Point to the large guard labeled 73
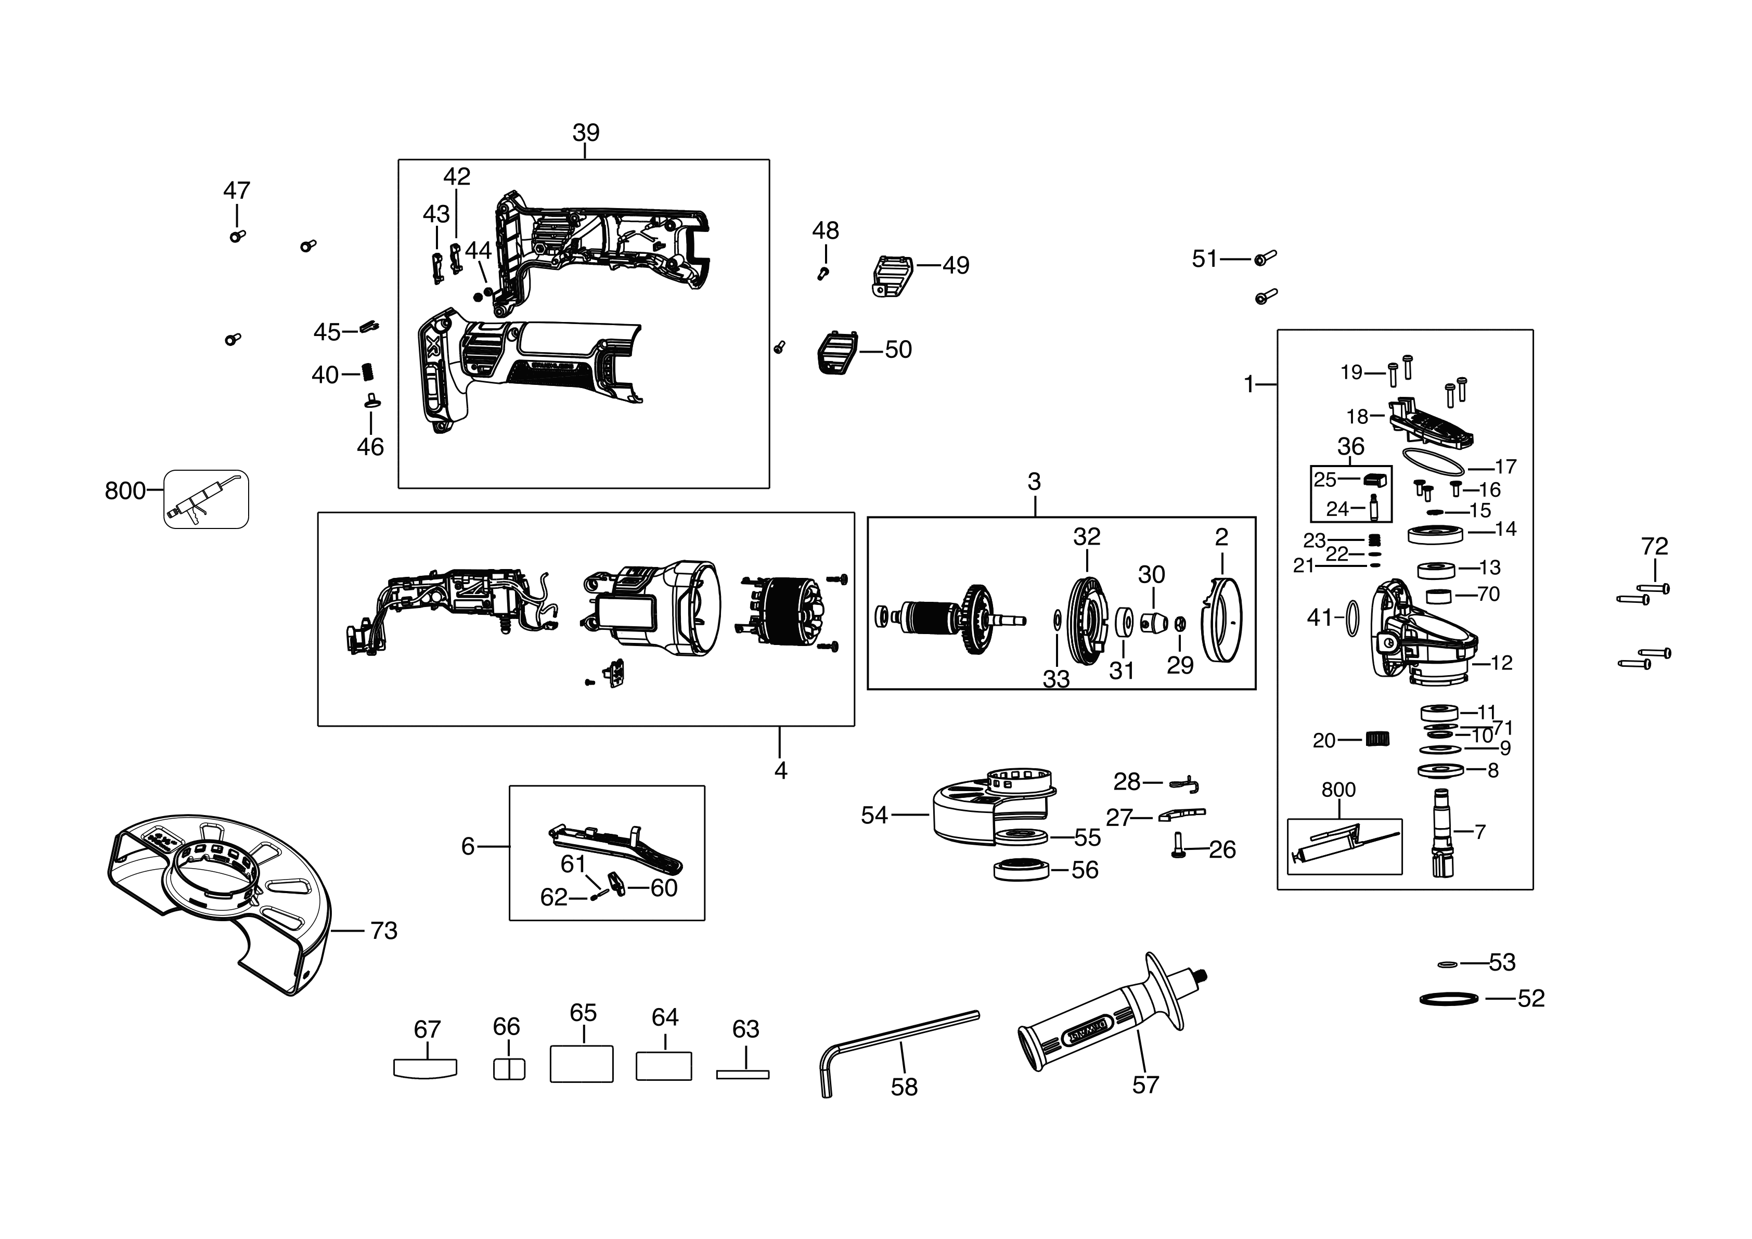point(221,900)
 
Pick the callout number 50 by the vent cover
point(898,350)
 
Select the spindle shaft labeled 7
point(1442,833)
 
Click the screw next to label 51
point(1265,258)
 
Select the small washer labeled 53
point(1447,964)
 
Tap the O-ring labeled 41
point(1351,617)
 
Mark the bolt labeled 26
point(1177,847)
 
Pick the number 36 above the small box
point(1350,446)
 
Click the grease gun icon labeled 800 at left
point(206,499)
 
